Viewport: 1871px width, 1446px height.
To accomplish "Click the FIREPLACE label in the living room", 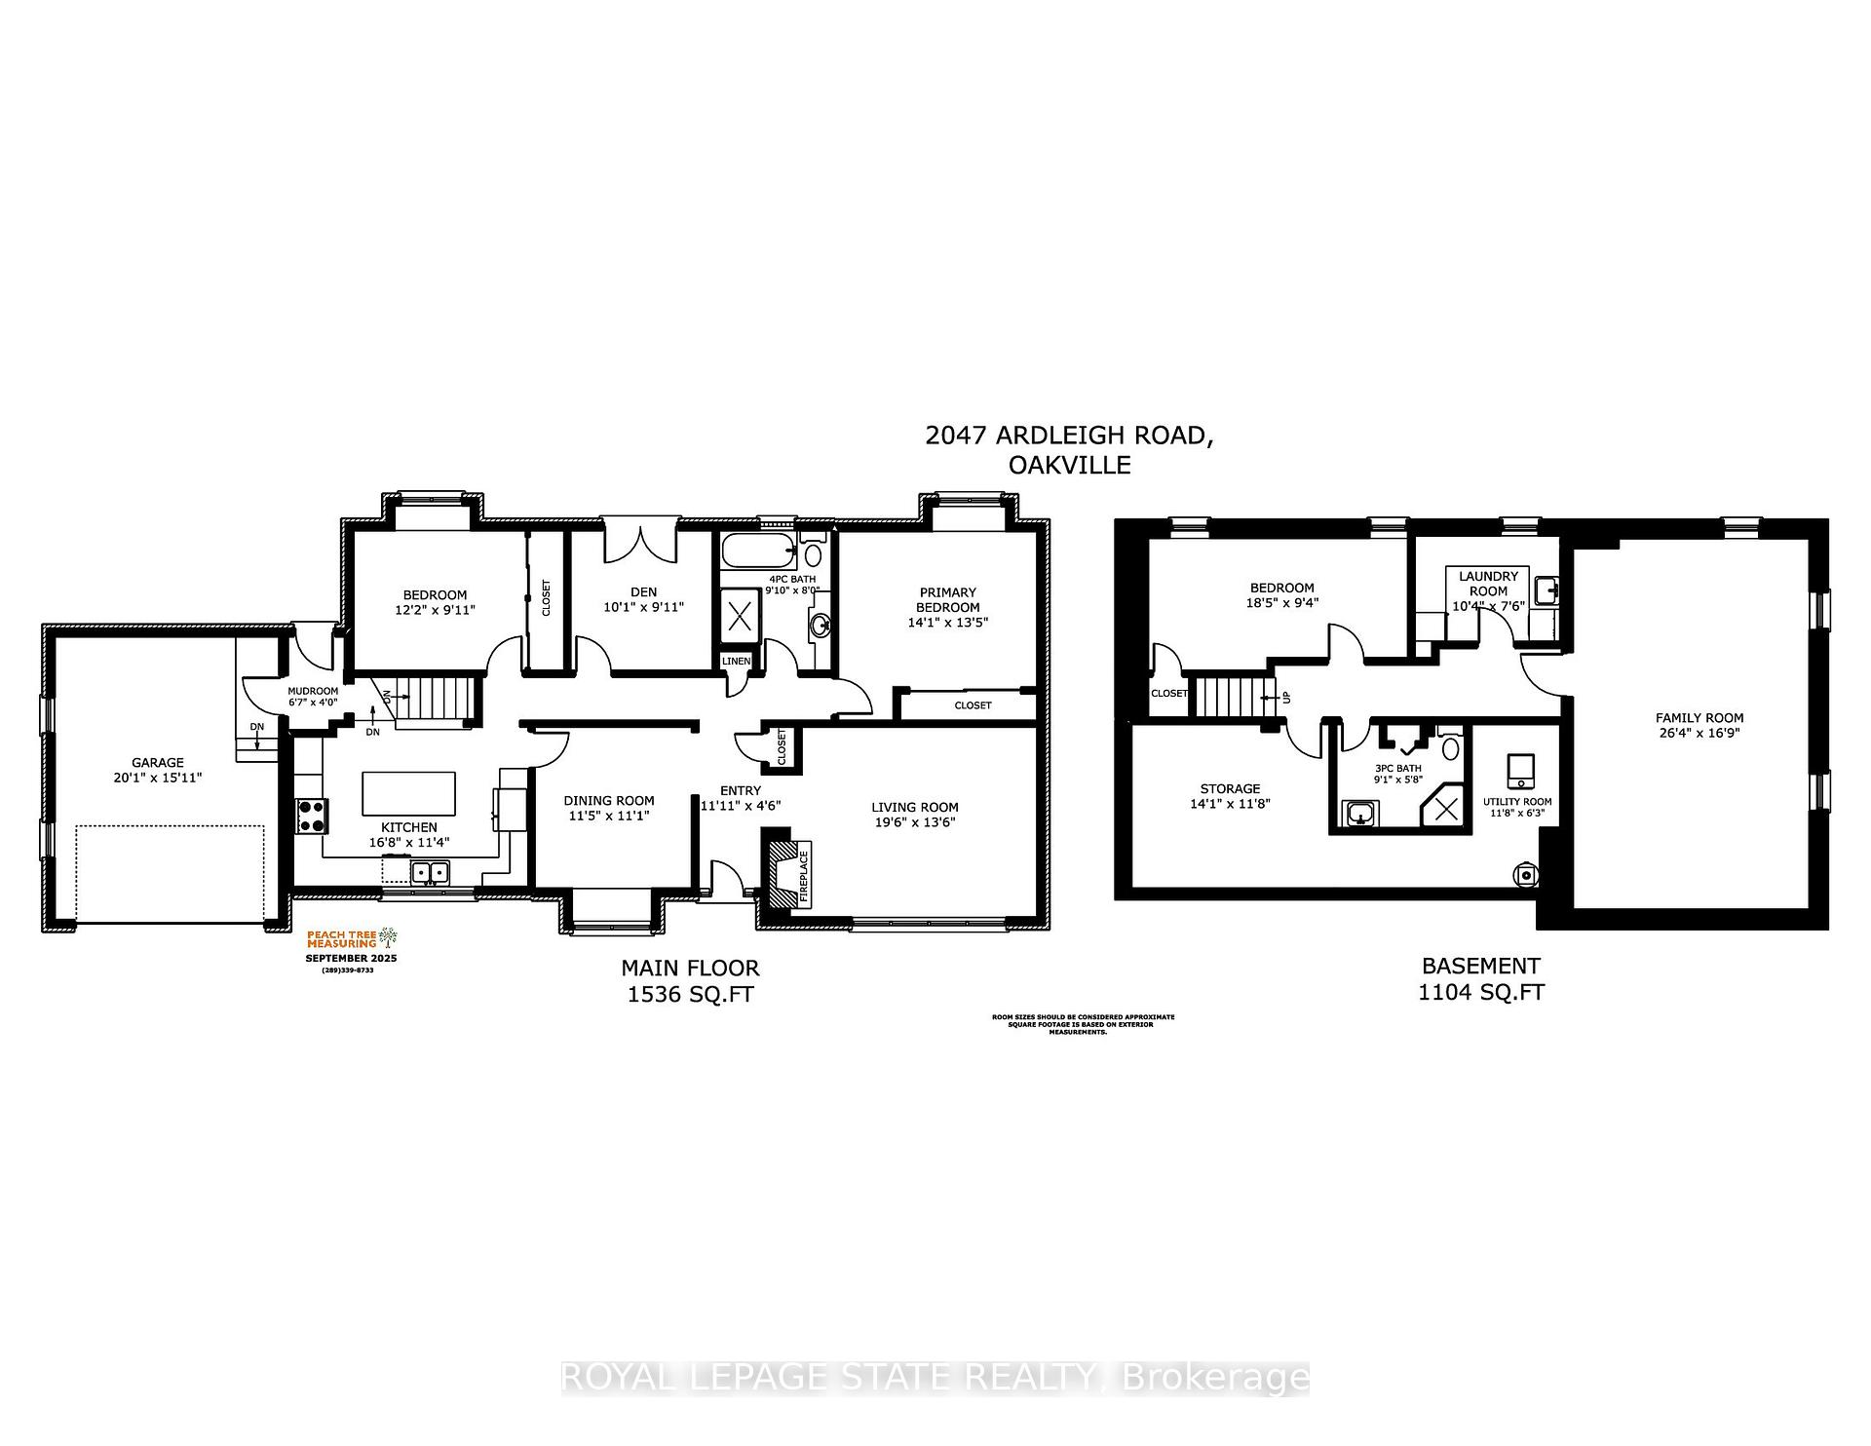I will (x=804, y=880).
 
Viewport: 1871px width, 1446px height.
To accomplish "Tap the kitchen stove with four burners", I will (x=313, y=816).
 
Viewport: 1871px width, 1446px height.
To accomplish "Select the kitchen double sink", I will (x=429, y=872).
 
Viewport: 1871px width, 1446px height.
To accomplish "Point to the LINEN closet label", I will (x=736, y=662).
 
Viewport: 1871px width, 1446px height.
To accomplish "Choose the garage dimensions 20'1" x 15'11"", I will (x=158, y=779).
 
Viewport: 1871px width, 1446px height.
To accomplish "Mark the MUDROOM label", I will (x=313, y=691).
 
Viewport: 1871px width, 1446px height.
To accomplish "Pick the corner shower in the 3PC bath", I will (x=1446, y=808).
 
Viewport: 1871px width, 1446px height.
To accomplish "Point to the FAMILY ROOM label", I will (x=1699, y=718).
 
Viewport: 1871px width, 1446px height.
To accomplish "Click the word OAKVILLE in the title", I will (x=1069, y=466).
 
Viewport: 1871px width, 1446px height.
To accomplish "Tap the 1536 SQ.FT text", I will (x=690, y=994).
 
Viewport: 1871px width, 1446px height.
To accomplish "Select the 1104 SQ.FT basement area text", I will (x=1480, y=992).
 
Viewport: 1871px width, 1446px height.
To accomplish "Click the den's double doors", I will (x=639, y=543).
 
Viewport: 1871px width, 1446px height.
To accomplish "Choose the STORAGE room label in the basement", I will (x=1230, y=788).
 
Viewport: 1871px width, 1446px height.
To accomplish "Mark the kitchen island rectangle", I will (x=408, y=793).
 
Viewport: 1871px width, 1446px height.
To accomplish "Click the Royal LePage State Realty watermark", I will (x=935, y=1378).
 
